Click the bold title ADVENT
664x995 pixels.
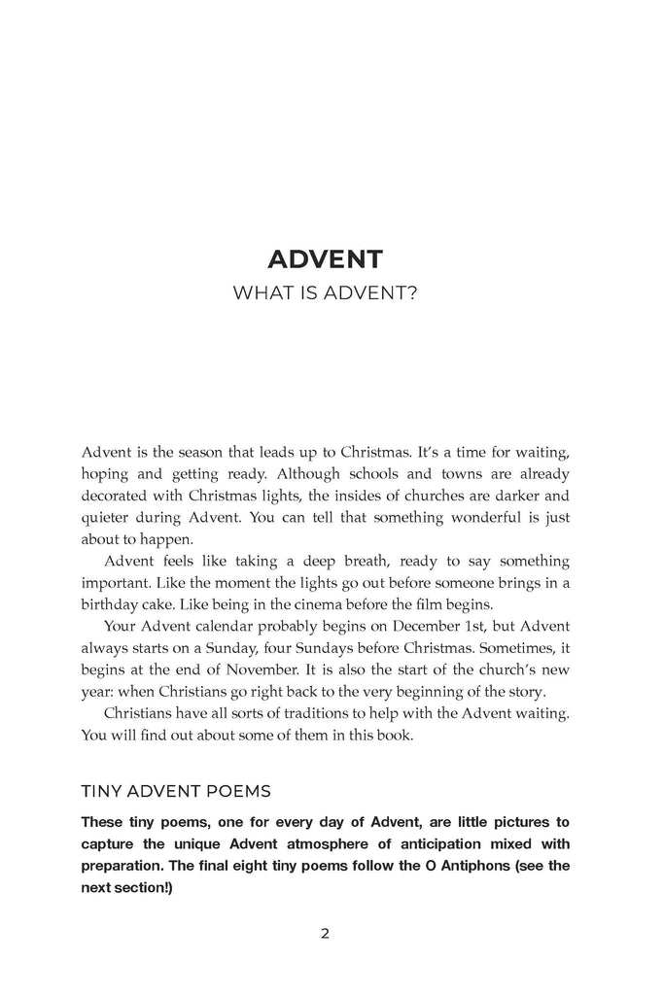click(x=325, y=259)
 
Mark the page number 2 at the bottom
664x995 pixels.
click(x=326, y=935)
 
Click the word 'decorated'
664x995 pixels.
click(x=122, y=497)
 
